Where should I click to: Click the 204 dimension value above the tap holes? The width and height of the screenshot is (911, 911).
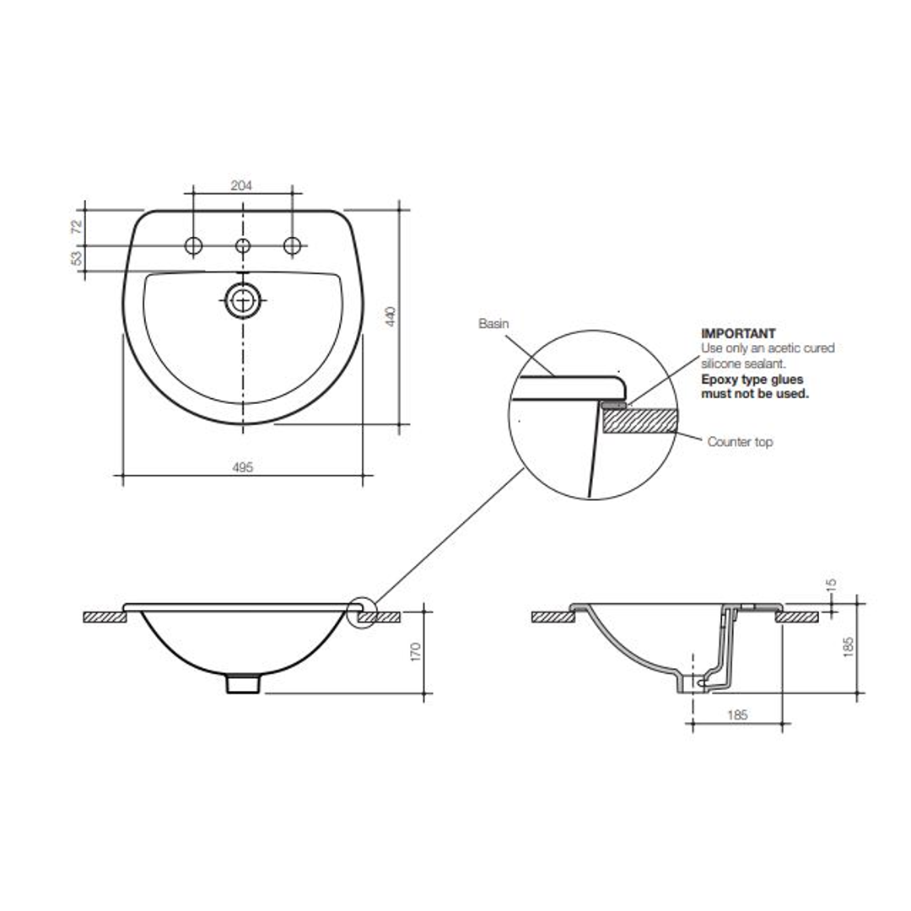point(242,185)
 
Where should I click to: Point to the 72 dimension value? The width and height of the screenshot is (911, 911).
point(77,226)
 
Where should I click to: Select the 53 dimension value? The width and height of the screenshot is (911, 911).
point(77,258)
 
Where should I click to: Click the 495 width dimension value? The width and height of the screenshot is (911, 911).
point(243,466)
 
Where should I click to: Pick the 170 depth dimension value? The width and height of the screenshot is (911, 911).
point(415,651)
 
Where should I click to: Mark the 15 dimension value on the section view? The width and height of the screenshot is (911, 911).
point(832,584)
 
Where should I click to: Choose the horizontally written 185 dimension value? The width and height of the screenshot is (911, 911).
point(736,714)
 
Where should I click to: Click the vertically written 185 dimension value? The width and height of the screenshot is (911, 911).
point(849,646)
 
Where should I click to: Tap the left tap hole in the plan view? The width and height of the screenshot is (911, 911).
point(194,245)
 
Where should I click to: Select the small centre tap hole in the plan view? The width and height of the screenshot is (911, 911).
point(243,245)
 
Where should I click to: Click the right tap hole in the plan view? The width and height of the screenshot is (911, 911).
point(293,245)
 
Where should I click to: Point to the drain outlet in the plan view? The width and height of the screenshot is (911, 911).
point(243,299)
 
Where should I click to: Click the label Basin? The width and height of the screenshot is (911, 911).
point(494,323)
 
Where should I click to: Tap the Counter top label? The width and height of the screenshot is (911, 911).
point(740,442)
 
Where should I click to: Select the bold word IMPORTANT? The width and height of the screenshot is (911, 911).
point(738,334)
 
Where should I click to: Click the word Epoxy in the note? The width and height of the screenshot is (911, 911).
point(719,380)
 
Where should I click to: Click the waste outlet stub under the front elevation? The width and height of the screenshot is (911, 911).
point(243,682)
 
